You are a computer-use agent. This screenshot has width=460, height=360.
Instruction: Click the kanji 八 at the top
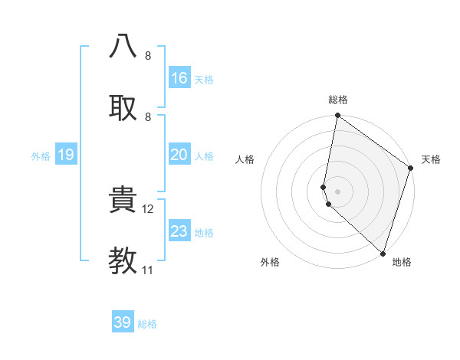[123, 45]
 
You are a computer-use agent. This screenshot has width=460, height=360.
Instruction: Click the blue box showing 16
[179, 78]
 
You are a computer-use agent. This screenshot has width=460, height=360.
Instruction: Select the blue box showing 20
[179, 155]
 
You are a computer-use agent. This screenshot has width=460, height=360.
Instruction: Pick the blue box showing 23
[179, 231]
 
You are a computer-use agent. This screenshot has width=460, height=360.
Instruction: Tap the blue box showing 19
[65, 155]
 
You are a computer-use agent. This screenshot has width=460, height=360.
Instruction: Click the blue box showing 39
[123, 322]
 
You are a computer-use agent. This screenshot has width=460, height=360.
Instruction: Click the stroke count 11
[148, 270]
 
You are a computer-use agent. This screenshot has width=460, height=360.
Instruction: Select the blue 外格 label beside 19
[41, 156]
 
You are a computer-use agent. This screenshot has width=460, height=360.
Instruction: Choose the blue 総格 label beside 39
[147, 324]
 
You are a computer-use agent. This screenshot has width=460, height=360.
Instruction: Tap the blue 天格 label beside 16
[203, 80]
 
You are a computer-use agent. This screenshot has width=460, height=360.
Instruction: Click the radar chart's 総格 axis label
[338, 100]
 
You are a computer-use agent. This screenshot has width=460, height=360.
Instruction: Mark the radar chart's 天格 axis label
[431, 159]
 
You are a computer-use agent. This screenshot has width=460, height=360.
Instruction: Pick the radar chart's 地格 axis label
[402, 262]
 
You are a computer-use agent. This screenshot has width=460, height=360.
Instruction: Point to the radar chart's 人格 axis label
[245, 159]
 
